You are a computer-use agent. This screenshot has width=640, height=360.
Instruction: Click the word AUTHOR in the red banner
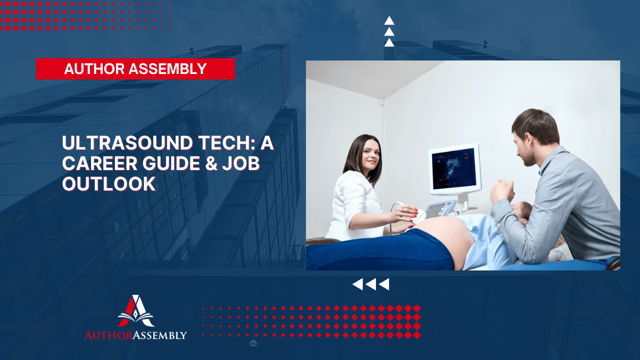coord(94,69)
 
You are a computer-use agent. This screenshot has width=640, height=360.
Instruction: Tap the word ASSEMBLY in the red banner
coord(167,69)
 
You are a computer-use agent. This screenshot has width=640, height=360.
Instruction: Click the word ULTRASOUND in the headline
coord(127,143)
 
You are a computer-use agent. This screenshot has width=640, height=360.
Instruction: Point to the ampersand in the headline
coord(211,163)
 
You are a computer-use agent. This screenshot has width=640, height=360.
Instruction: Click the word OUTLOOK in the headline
coord(109,183)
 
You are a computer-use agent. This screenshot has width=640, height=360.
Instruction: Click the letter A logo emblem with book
coord(135,311)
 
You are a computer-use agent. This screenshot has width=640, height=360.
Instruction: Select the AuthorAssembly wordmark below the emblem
coord(135,335)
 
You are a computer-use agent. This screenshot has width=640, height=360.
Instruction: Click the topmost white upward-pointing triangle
coord(389,20)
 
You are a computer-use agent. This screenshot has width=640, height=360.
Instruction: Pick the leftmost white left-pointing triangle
coord(357,284)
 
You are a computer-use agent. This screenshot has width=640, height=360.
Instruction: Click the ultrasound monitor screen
coord(454,169)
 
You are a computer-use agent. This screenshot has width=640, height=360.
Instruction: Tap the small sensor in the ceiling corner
coord(381,102)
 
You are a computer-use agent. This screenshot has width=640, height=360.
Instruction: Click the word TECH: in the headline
coord(227,143)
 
